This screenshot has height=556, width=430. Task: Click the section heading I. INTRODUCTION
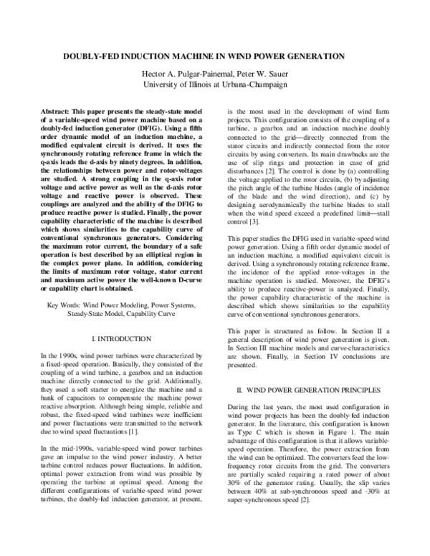[122, 337]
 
